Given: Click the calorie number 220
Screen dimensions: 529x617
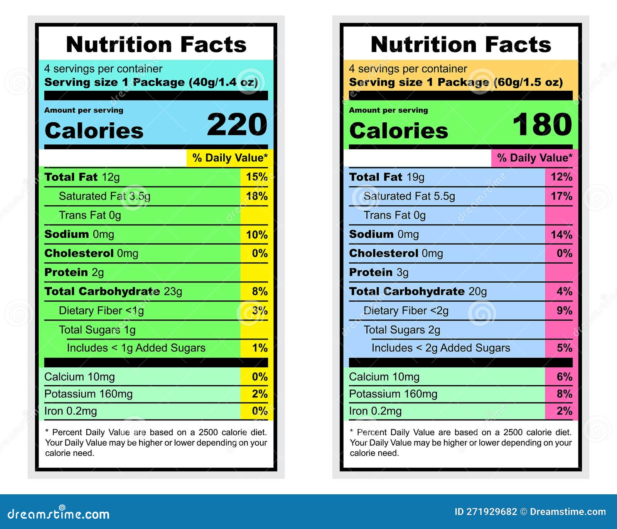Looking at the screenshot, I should click(x=237, y=125).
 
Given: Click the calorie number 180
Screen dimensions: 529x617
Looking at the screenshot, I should click(x=542, y=125).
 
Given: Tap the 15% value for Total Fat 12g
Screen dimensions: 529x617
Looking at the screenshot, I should click(x=257, y=177).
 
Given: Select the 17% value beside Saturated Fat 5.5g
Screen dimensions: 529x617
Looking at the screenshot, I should click(x=561, y=196).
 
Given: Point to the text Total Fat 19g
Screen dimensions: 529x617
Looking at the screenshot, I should click(x=386, y=177).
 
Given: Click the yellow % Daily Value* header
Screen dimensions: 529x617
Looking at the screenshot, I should click(x=230, y=158).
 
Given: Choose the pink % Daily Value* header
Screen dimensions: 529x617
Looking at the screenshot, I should click(x=534, y=158).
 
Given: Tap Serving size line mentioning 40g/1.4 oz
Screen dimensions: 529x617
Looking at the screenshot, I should click(x=151, y=82).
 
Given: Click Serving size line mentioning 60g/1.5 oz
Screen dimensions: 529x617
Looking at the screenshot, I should click(x=456, y=82).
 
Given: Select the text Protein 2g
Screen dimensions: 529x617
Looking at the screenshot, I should click(x=74, y=272).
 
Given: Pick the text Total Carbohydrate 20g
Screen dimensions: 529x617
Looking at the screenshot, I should click(x=418, y=291).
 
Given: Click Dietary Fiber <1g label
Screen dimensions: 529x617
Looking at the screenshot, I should click(x=101, y=311).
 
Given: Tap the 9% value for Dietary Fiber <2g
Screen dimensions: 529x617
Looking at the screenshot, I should click(x=564, y=311).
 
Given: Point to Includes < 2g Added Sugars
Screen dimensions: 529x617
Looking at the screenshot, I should click(x=440, y=348).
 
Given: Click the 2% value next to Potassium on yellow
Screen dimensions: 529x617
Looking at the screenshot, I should click(x=260, y=394).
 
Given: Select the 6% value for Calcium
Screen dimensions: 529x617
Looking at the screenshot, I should click(x=564, y=377).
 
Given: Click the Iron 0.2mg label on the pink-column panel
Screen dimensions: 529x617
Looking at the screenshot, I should click(x=375, y=411).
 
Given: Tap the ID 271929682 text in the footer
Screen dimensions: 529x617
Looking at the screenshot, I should click(x=486, y=512).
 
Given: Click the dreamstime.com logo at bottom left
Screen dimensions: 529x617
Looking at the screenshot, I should click(x=59, y=514).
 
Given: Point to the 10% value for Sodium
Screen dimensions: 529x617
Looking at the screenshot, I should click(x=257, y=235).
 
